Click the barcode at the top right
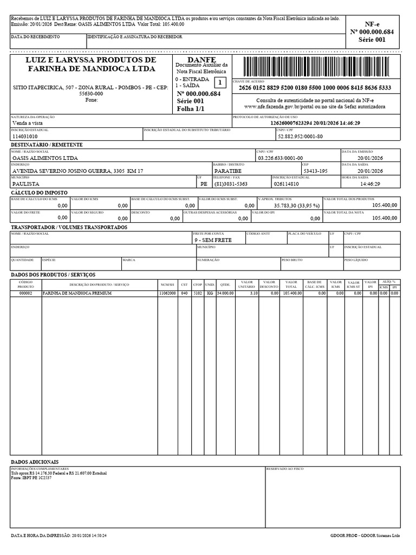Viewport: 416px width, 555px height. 316,67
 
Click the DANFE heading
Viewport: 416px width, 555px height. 201,59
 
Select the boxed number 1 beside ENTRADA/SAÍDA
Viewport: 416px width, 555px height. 220,82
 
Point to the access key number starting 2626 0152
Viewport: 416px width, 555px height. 316,88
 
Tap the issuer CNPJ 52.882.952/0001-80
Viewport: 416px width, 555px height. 300,137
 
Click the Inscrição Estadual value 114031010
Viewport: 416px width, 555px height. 25,137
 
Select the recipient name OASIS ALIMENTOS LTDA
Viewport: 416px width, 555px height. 45,158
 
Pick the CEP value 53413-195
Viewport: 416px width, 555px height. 315,171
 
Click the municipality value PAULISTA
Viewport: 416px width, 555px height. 25,184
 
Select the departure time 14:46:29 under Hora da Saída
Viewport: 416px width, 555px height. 370,184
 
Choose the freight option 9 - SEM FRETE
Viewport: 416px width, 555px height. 213,240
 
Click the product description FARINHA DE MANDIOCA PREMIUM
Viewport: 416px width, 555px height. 77,293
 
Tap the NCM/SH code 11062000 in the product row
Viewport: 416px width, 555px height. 167,293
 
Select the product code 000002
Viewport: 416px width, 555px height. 26,293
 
